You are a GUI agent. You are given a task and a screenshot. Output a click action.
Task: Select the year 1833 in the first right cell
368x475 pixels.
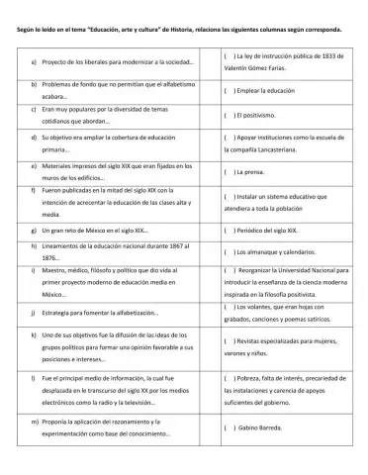(341, 55)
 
